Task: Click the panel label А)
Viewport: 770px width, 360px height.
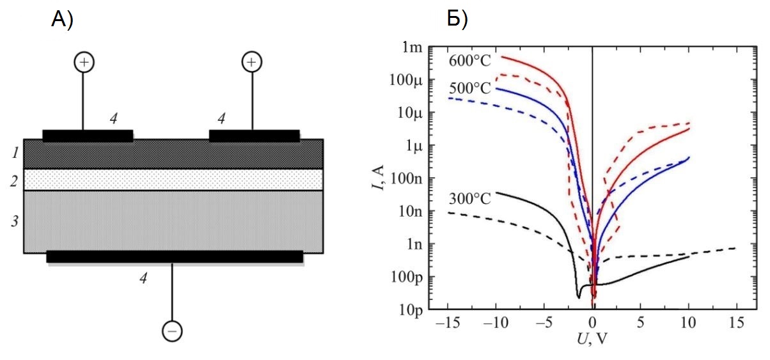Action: tap(62, 20)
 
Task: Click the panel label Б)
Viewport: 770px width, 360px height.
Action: tap(457, 20)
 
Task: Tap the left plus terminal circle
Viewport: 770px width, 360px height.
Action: tap(84, 62)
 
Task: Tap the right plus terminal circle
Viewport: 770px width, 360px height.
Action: tap(251, 62)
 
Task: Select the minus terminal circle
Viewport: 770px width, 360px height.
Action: tap(172, 331)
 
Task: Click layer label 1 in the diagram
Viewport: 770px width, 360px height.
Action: tap(15, 153)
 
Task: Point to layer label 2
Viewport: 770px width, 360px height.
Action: tap(15, 180)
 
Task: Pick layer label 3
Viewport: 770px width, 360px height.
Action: tap(15, 222)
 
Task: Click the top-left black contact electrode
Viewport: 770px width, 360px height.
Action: tap(88, 136)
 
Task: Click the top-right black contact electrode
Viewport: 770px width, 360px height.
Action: tap(255, 136)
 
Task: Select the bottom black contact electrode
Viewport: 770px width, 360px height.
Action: tap(175, 256)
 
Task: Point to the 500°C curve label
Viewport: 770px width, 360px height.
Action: tap(470, 88)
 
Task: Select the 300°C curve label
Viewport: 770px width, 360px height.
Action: tap(470, 198)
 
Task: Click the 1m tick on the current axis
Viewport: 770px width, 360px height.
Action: tap(412, 47)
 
